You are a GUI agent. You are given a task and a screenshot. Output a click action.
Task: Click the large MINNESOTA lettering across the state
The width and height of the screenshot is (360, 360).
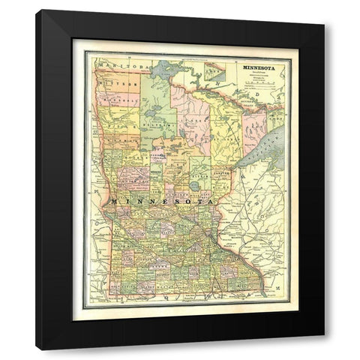161,202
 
